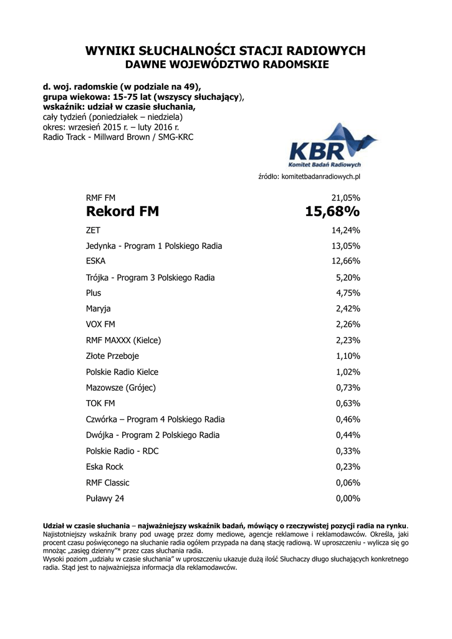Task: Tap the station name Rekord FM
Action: [x=122, y=212]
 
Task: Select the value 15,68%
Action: [x=332, y=212]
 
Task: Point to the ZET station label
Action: [x=94, y=230]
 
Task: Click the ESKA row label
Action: [x=96, y=261]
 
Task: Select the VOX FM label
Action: [x=100, y=324]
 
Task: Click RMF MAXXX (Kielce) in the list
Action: [x=123, y=340]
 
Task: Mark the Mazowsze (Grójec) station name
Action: [x=121, y=388]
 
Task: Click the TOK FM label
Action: [x=100, y=403]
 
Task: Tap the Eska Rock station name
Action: [x=105, y=467]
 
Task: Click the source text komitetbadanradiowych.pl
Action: [x=309, y=177]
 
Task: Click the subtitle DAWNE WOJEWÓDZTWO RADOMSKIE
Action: [x=226, y=64]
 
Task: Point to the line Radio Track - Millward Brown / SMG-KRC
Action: [x=118, y=137]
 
